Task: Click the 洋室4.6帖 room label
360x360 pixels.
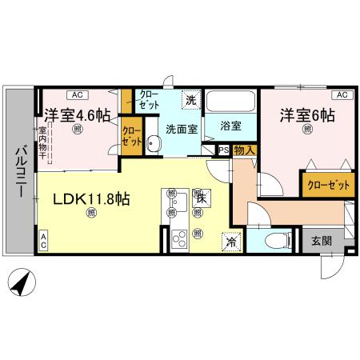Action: pyautogui.click(x=77, y=115)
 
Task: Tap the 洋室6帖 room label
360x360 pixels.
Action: pyautogui.click(x=306, y=115)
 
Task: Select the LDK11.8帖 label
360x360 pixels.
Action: pyautogui.click(x=91, y=199)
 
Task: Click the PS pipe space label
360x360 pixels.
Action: pyautogui.click(x=223, y=150)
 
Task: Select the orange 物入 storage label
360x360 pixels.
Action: pyautogui.click(x=244, y=150)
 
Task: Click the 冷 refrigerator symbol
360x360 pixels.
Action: pyautogui.click(x=230, y=241)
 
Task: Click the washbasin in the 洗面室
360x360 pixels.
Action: pyautogui.click(x=154, y=144)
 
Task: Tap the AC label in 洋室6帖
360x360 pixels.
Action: pyautogui.click(x=340, y=94)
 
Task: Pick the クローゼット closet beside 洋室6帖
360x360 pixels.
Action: pyautogui.click(x=328, y=185)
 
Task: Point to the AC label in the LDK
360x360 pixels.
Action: pyautogui.click(x=43, y=241)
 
